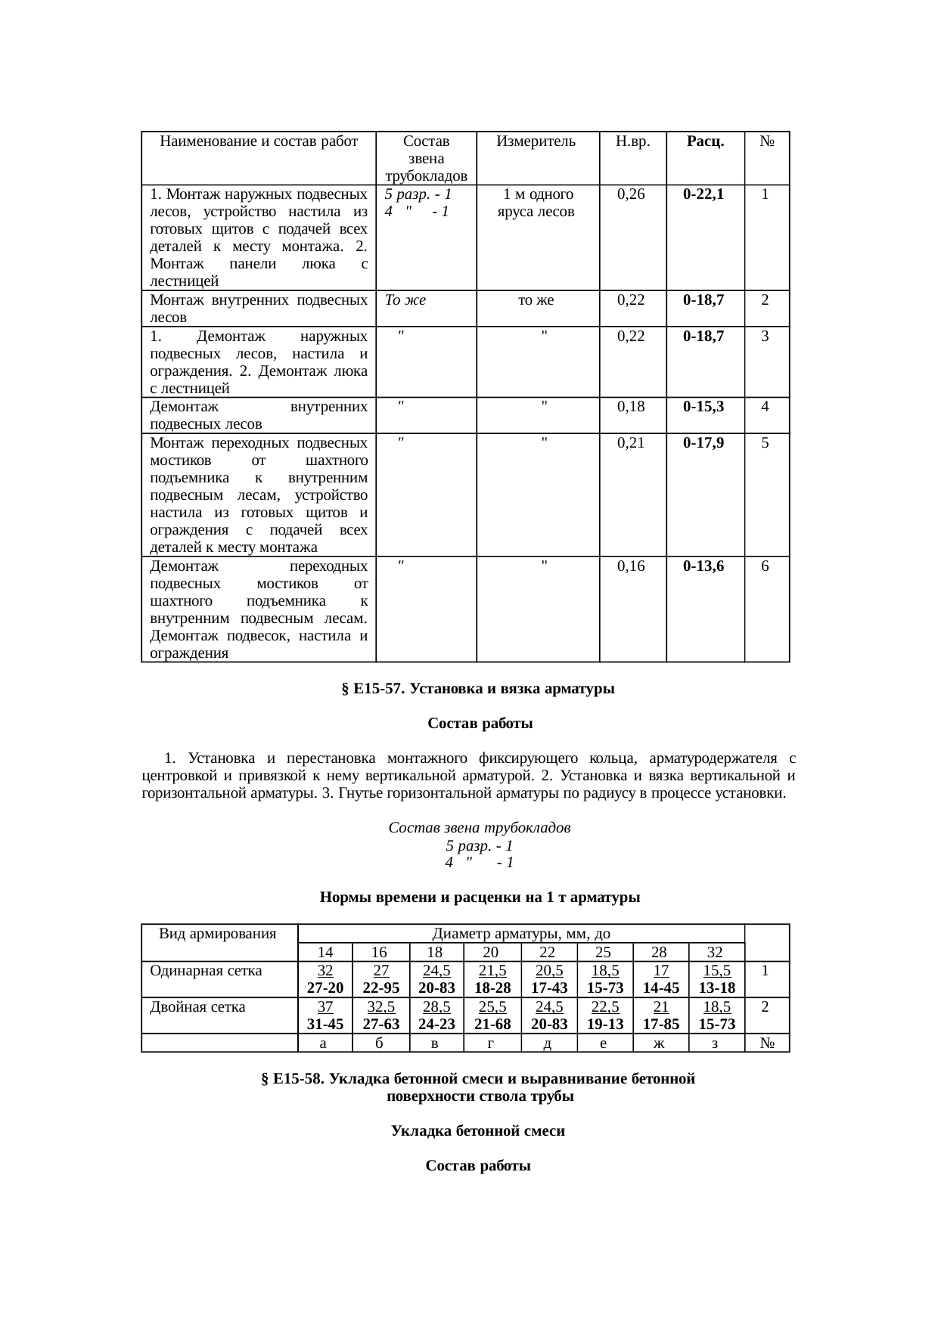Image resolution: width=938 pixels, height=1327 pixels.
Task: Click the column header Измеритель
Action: [x=536, y=141]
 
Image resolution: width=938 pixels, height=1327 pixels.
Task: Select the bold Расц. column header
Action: [x=705, y=141]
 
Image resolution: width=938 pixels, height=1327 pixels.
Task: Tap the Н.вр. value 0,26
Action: [x=632, y=194]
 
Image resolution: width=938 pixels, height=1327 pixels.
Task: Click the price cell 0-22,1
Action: [x=703, y=194]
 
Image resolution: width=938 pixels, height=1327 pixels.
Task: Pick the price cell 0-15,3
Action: [x=703, y=407]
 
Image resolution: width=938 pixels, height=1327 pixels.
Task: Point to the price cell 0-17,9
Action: [x=703, y=443]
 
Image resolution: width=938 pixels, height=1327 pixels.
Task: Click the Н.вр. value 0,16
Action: [x=632, y=566]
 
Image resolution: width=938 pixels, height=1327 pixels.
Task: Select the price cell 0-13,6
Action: [x=703, y=566]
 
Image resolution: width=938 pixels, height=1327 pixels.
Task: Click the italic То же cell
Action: [x=405, y=300]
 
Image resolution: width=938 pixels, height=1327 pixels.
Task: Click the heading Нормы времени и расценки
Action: [x=480, y=898]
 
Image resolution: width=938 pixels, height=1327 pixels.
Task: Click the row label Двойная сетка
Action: [x=197, y=1007]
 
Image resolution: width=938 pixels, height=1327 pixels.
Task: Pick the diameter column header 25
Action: [x=604, y=953]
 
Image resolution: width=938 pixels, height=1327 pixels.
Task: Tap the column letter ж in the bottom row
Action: [x=660, y=1043]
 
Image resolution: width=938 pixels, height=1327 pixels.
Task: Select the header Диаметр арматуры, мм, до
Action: [x=521, y=934]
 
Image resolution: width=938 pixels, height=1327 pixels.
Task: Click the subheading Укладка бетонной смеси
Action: [x=478, y=1132]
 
